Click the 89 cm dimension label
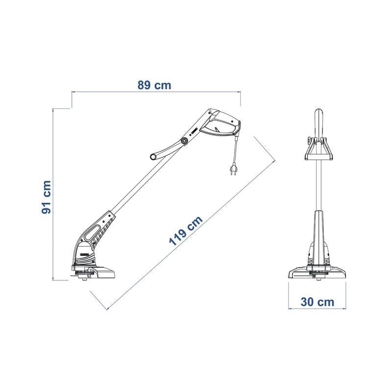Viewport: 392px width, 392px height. (154, 85)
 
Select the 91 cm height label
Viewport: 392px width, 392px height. (47, 197)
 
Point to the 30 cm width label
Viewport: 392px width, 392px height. (317, 302)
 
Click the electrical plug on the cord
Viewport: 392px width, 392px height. (233, 169)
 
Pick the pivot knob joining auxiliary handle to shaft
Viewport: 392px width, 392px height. (185, 142)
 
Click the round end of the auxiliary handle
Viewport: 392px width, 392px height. (153, 157)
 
